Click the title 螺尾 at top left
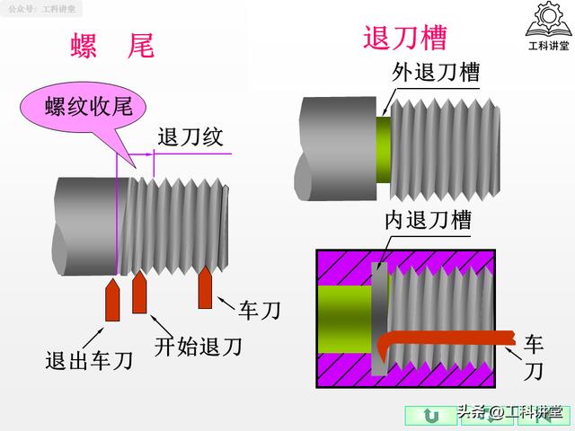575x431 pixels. pos(112,46)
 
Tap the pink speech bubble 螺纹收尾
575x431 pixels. pos(89,108)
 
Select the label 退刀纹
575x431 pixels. pos(190,137)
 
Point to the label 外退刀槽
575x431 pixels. pos(435,72)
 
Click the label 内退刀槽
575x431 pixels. pos(428,220)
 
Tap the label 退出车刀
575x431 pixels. pos(89,361)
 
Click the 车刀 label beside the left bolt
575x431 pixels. pos(260,311)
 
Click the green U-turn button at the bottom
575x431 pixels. pos(430,414)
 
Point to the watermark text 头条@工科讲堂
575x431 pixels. pos(511,414)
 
